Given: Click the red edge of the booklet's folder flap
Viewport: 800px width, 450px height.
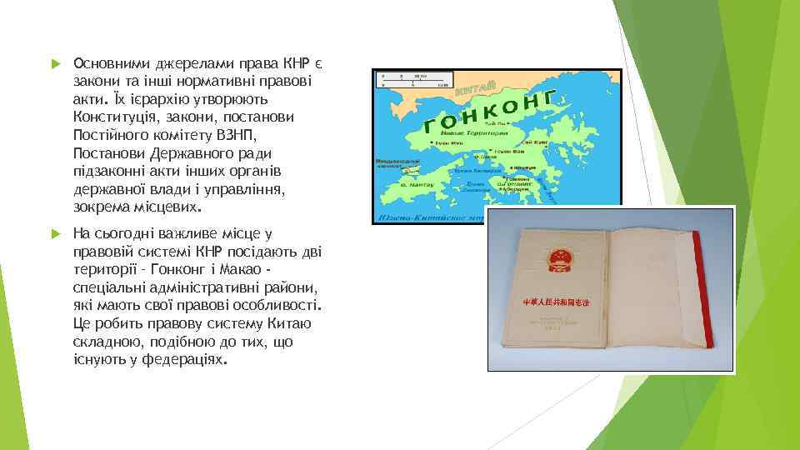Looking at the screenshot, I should [x=705, y=292].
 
